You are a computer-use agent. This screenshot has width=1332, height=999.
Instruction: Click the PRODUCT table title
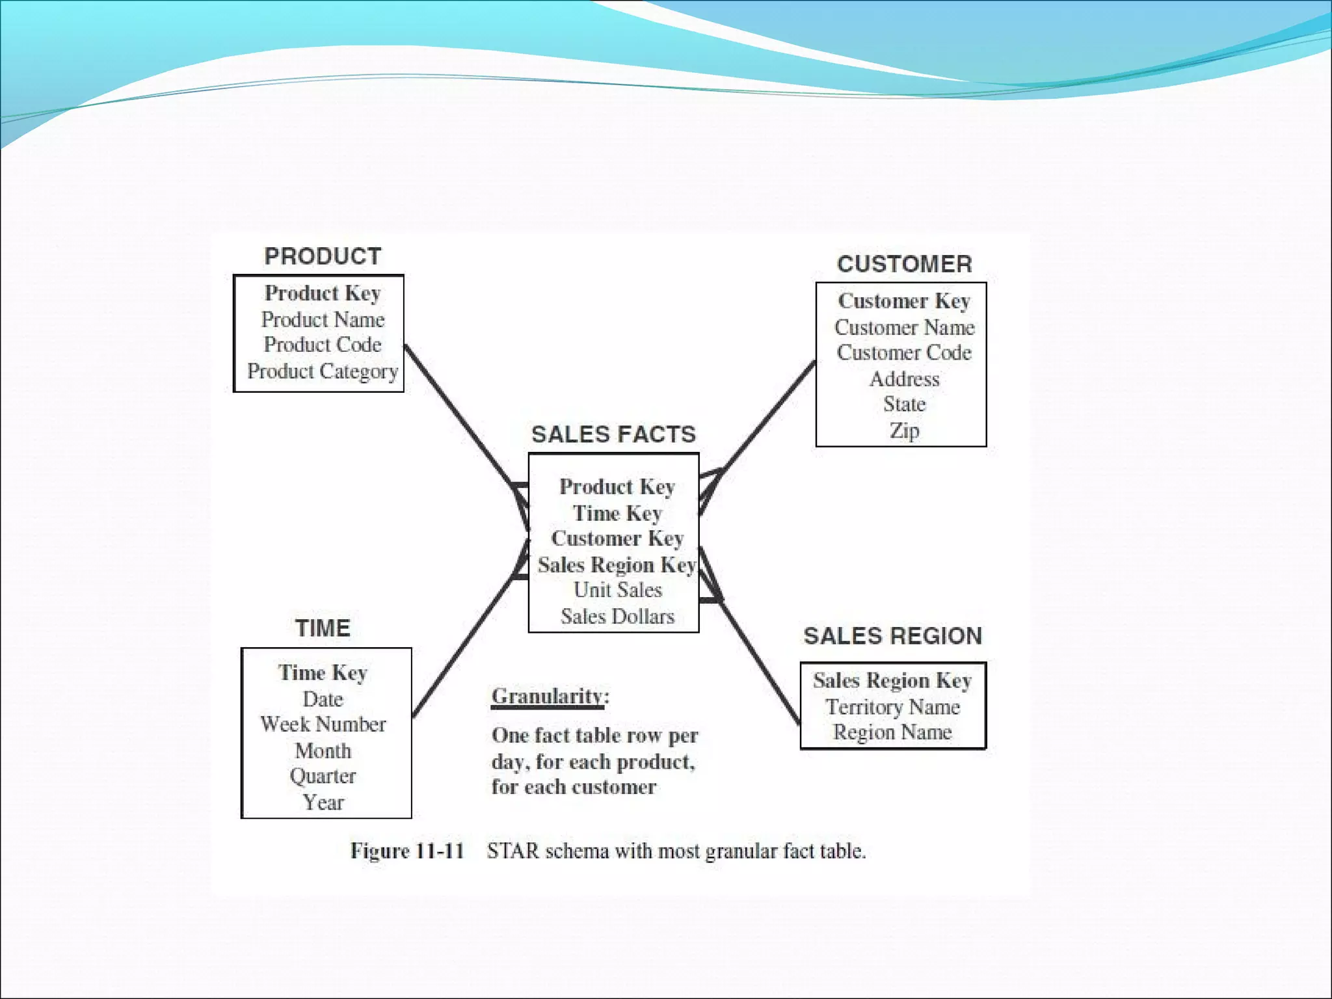[323, 256]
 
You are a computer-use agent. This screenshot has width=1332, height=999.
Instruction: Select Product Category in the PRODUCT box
[323, 371]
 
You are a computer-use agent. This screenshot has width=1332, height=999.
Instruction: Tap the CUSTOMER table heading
[905, 264]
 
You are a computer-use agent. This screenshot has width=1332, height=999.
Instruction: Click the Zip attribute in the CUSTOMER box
[904, 431]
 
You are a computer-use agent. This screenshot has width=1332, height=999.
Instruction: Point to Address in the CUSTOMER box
[904, 379]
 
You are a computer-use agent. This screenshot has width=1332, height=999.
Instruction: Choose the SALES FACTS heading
[613, 434]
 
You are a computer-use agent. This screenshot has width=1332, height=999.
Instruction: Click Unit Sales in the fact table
[617, 590]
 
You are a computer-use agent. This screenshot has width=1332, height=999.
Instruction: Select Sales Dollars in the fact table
[617, 616]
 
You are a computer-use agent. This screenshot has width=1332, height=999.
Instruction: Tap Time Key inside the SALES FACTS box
[617, 513]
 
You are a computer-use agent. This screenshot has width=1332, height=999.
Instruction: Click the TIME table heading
[323, 628]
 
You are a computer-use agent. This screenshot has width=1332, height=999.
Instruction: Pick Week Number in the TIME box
[323, 725]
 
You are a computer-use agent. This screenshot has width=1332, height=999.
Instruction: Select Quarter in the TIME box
[323, 776]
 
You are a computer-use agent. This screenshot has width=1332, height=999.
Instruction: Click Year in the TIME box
[323, 802]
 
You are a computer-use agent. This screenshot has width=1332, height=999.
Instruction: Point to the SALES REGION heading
[892, 636]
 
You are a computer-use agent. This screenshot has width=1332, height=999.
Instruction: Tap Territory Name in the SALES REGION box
[892, 707]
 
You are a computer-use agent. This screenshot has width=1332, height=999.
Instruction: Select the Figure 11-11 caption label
[407, 851]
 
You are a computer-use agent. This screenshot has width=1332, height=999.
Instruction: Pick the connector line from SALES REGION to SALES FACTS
[758, 657]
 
